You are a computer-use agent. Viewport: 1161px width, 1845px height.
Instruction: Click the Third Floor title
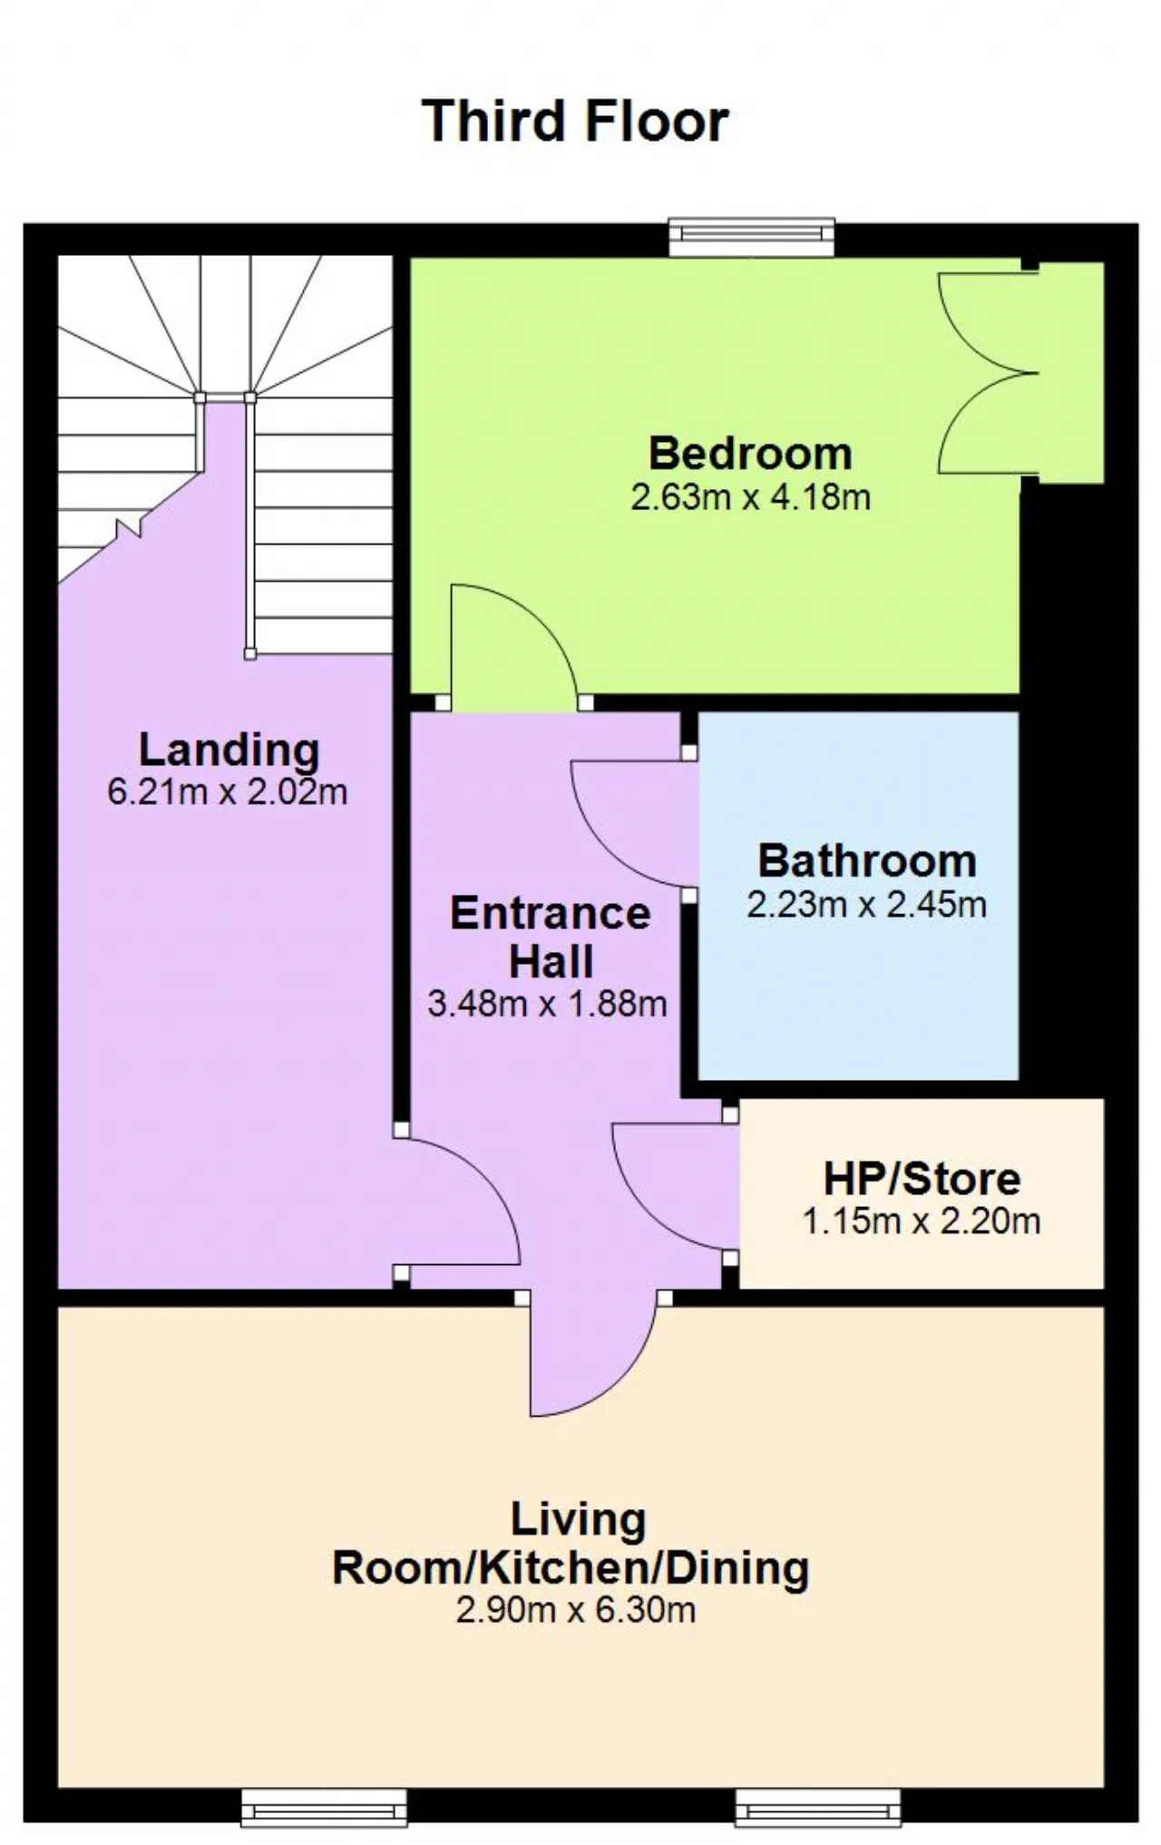(575, 121)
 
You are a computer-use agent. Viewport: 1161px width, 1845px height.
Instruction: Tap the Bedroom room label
(751, 453)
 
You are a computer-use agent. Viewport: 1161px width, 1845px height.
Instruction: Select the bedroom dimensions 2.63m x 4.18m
(751, 497)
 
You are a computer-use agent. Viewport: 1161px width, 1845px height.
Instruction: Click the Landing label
(229, 751)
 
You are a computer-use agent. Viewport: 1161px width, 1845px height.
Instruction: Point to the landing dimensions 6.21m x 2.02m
(228, 792)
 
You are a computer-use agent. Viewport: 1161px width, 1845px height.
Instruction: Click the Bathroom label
(867, 861)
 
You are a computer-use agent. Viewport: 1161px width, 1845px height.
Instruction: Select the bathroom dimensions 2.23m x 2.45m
(867, 905)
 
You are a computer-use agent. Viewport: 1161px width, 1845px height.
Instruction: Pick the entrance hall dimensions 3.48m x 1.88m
(547, 1004)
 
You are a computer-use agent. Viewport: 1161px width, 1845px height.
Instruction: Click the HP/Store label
(922, 1179)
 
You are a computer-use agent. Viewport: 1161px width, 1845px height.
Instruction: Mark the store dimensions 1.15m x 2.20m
(921, 1222)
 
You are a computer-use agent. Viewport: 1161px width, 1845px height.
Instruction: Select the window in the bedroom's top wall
(751, 236)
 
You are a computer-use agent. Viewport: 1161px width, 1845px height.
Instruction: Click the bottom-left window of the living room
(324, 1807)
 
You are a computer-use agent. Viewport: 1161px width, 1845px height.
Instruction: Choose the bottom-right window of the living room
(818, 1807)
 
